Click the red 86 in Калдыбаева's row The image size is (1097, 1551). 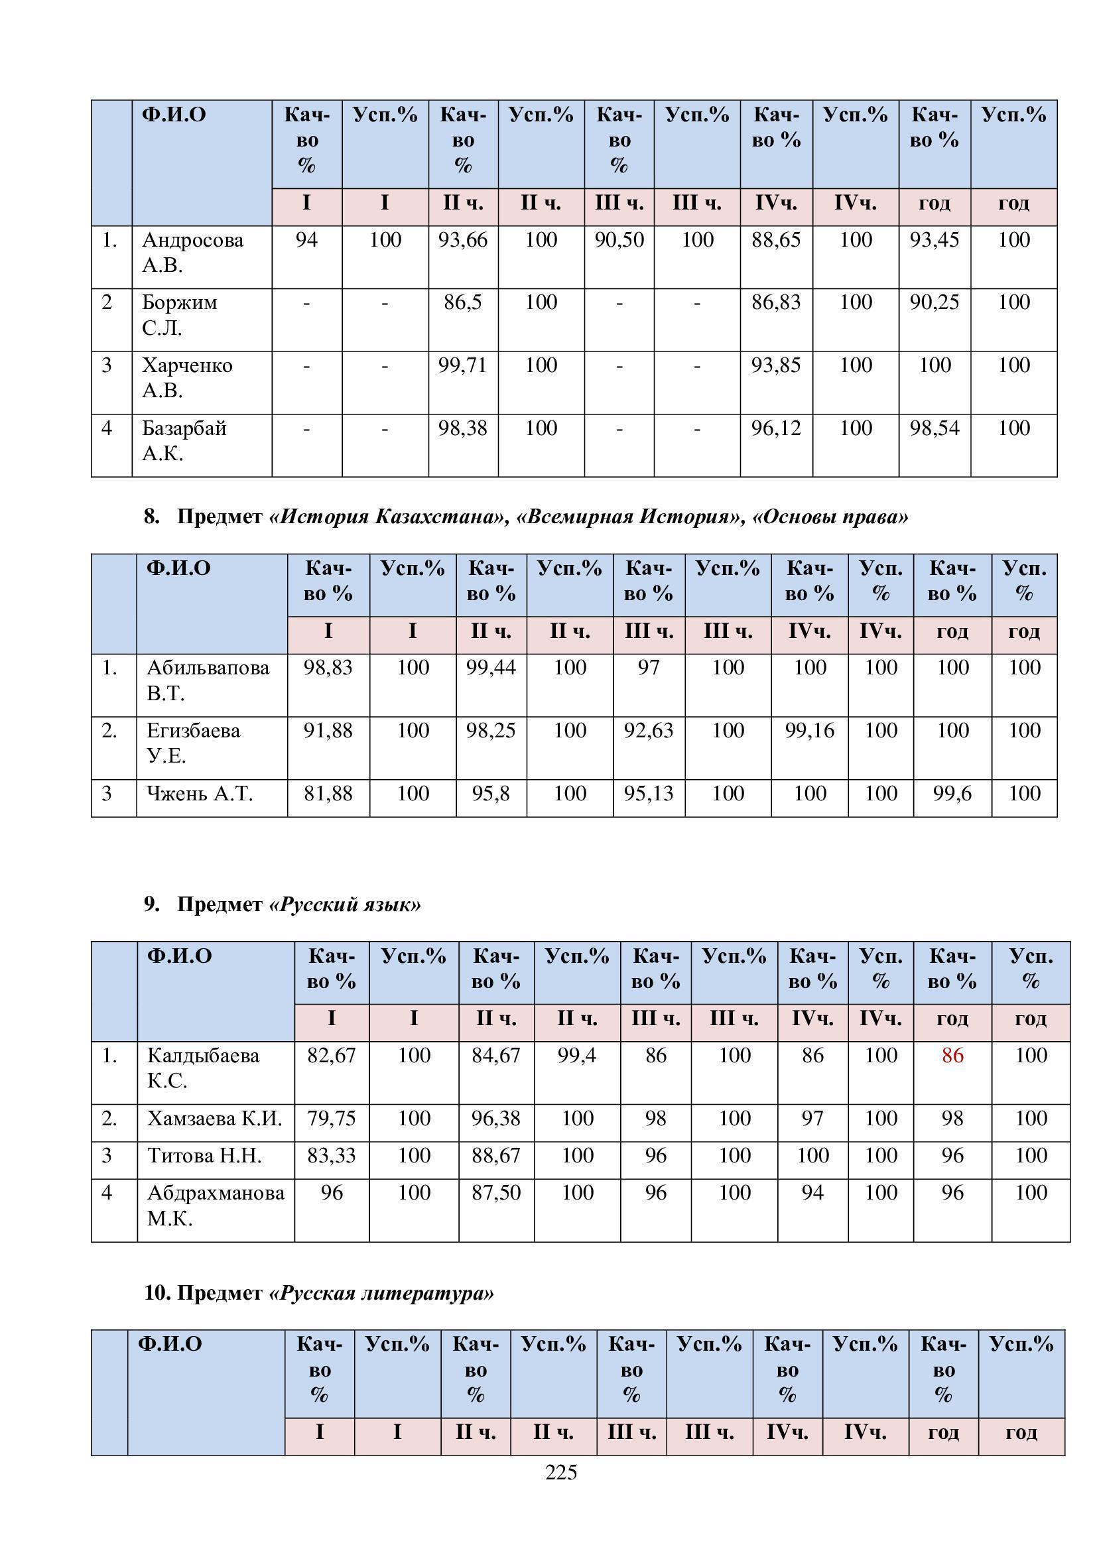click(952, 1056)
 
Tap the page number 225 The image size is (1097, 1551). click(560, 1473)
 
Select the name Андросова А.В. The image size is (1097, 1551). click(192, 252)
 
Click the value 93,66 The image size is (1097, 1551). click(463, 241)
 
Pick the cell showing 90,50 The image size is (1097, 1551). click(619, 241)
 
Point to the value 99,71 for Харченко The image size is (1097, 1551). click(463, 366)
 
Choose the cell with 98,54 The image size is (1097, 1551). click(935, 429)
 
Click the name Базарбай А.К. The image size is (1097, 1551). click(184, 440)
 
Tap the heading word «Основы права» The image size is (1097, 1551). click(830, 517)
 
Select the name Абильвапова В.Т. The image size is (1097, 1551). click(208, 680)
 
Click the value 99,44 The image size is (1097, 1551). click(491, 668)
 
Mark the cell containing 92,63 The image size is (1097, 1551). click(649, 731)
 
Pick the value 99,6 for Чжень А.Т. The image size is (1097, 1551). click(952, 794)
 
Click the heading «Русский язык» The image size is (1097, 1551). click(345, 904)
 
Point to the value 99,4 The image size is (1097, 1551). click(577, 1056)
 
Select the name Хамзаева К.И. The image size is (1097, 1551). click(215, 1119)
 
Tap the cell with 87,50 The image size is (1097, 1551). click(496, 1193)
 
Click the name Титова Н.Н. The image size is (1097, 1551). click(205, 1156)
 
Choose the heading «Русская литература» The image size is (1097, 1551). click(381, 1294)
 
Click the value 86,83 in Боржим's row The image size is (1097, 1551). click(776, 303)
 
